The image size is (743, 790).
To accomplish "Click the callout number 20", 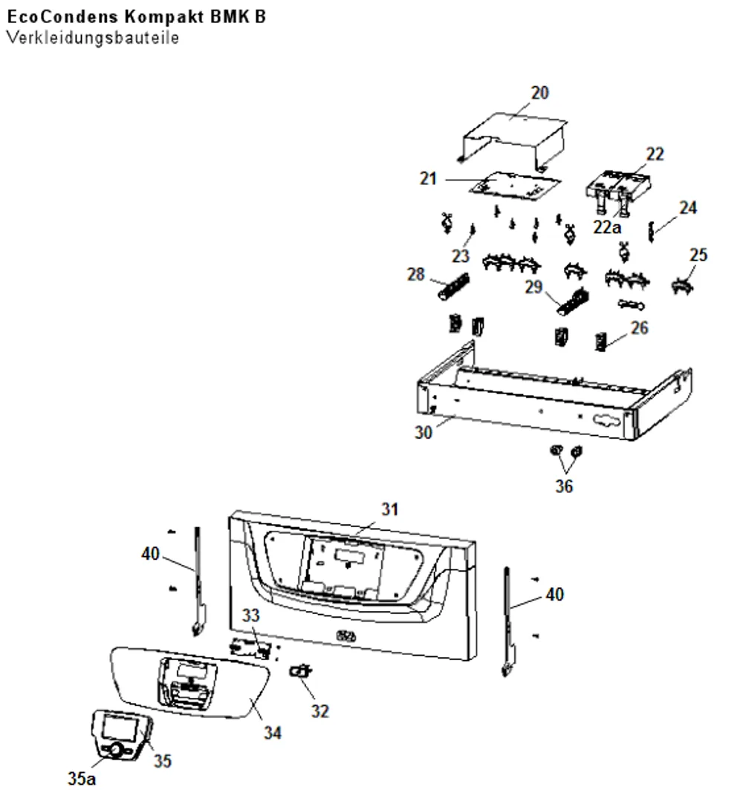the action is pyautogui.click(x=539, y=93).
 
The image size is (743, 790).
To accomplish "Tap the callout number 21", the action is pyautogui.click(x=428, y=178).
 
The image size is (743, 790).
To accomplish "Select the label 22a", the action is pyautogui.click(x=607, y=227).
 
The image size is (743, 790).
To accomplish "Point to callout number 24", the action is pyautogui.click(x=687, y=208).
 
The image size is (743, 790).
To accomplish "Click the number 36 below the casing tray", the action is pyautogui.click(x=564, y=486).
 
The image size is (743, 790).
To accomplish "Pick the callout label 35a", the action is pyautogui.click(x=82, y=778).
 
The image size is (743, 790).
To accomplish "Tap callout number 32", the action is pyautogui.click(x=320, y=711).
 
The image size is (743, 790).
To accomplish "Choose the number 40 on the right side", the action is pyautogui.click(x=554, y=595).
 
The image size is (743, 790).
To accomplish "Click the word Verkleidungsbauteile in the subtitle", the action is pyautogui.click(x=93, y=38).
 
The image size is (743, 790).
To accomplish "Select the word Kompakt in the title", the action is pyautogui.click(x=164, y=16).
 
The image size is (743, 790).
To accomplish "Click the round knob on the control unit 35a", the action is pyautogui.click(x=116, y=750).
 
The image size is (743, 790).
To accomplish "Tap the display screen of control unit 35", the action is pyautogui.click(x=120, y=728).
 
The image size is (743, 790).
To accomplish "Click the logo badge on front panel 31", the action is pyautogui.click(x=345, y=636).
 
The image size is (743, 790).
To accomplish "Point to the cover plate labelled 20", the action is pyautogui.click(x=514, y=140).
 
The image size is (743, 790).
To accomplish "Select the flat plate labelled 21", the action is pyautogui.click(x=514, y=185).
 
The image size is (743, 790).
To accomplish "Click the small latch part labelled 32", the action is pyautogui.click(x=300, y=671).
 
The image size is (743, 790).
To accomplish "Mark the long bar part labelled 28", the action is pyautogui.click(x=454, y=287).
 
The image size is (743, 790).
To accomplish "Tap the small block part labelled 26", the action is pyautogui.click(x=601, y=342).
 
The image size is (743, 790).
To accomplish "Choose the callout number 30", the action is pyautogui.click(x=424, y=432).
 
